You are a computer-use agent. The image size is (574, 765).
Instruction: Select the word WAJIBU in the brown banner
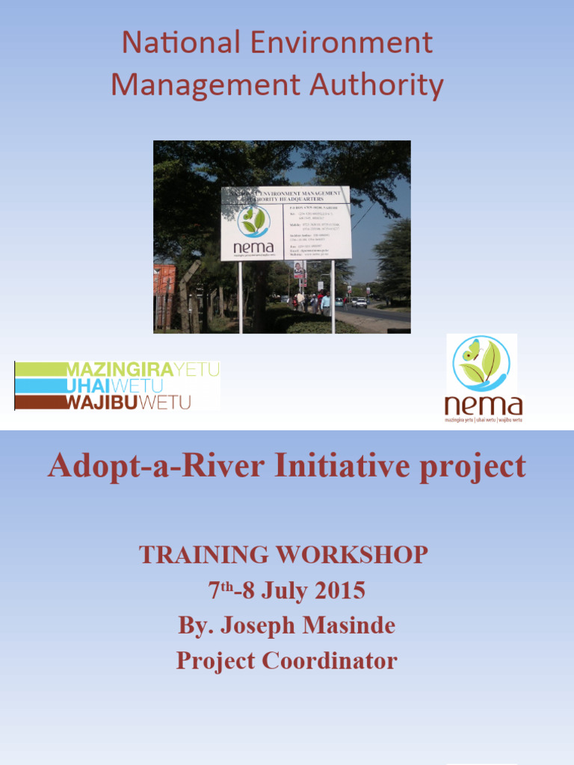tap(103, 403)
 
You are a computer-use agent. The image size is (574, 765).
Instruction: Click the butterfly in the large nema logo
tap(471, 350)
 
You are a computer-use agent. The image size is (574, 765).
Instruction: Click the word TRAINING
tap(204, 555)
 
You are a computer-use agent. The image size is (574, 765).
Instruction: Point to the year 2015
tap(339, 591)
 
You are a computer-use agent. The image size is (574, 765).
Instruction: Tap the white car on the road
tap(361, 302)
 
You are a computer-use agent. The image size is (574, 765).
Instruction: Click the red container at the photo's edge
tap(164, 288)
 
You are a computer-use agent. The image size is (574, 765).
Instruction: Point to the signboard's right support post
tap(333, 295)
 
